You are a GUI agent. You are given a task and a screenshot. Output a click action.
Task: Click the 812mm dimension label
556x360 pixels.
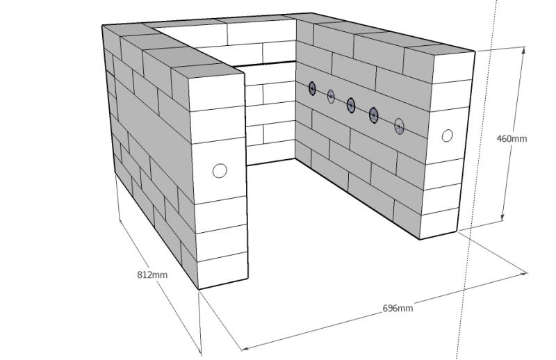click(x=152, y=275)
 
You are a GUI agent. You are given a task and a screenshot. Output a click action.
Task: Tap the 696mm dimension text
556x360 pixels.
click(x=398, y=308)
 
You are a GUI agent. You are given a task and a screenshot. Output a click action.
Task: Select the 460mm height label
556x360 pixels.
click(x=512, y=138)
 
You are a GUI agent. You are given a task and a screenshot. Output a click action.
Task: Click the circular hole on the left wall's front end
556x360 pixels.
click(x=220, y=170)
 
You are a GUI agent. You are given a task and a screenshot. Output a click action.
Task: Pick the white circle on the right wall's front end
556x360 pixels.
click(x=447, y=136)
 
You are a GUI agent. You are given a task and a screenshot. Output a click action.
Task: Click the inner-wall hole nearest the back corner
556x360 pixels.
click(x=312, y=88)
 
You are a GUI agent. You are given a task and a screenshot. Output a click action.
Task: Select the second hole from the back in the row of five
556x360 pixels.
click(x=331, y=96)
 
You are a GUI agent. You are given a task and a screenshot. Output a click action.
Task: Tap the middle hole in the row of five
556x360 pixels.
click(x=351, y=105)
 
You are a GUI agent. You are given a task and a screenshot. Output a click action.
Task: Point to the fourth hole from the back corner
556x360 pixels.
click(x=374, y=115)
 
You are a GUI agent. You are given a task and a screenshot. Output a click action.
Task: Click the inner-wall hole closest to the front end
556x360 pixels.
click(x=399, y=126)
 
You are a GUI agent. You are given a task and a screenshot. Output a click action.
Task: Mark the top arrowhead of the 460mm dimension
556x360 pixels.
click(x=524, y=49)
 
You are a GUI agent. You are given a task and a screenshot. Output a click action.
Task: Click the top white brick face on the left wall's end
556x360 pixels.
click(x=216, y=93)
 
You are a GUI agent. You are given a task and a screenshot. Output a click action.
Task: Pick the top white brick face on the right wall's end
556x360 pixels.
click(x=453, y=67)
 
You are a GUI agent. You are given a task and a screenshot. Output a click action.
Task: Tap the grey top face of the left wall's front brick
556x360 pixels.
click(x=207, y=70)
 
